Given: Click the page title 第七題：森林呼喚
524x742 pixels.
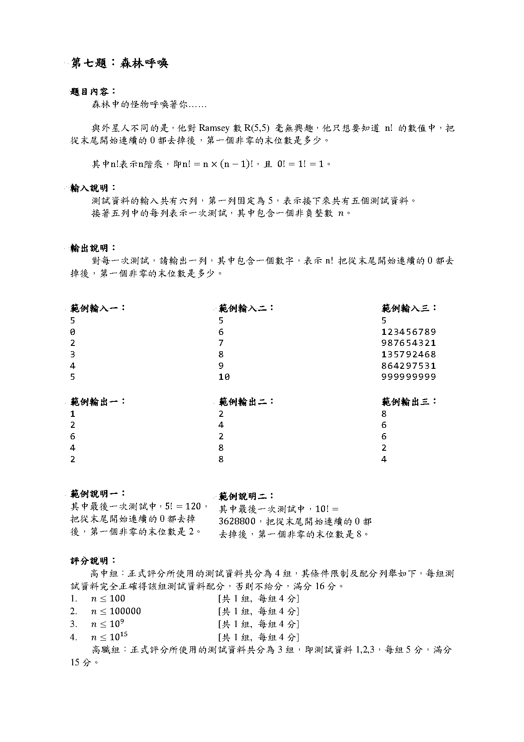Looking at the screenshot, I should [x=119, y=63].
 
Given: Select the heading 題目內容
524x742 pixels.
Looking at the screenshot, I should [x=92, y=92].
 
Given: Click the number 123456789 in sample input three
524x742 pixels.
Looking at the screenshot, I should [x=409, y=332].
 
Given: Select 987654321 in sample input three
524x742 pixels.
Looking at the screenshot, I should [x=409, y=343].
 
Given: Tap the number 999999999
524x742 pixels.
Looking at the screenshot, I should [x=409, y=377].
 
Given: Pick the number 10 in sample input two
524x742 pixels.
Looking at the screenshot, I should [x=224, y=377].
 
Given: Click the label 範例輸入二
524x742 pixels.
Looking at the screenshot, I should [x=246, y=308].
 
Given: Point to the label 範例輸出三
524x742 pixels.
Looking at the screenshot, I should [x=409, y=401].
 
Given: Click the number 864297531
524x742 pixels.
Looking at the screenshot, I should [x=409, y=366].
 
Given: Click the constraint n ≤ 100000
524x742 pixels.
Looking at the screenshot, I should [x=116, y=611].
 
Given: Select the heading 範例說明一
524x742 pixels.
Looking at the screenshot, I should [x=97, y=494].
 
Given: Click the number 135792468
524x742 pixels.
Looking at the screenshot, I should [x=409, y=354].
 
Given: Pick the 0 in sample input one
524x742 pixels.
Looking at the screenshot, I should [x=73, y=332].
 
